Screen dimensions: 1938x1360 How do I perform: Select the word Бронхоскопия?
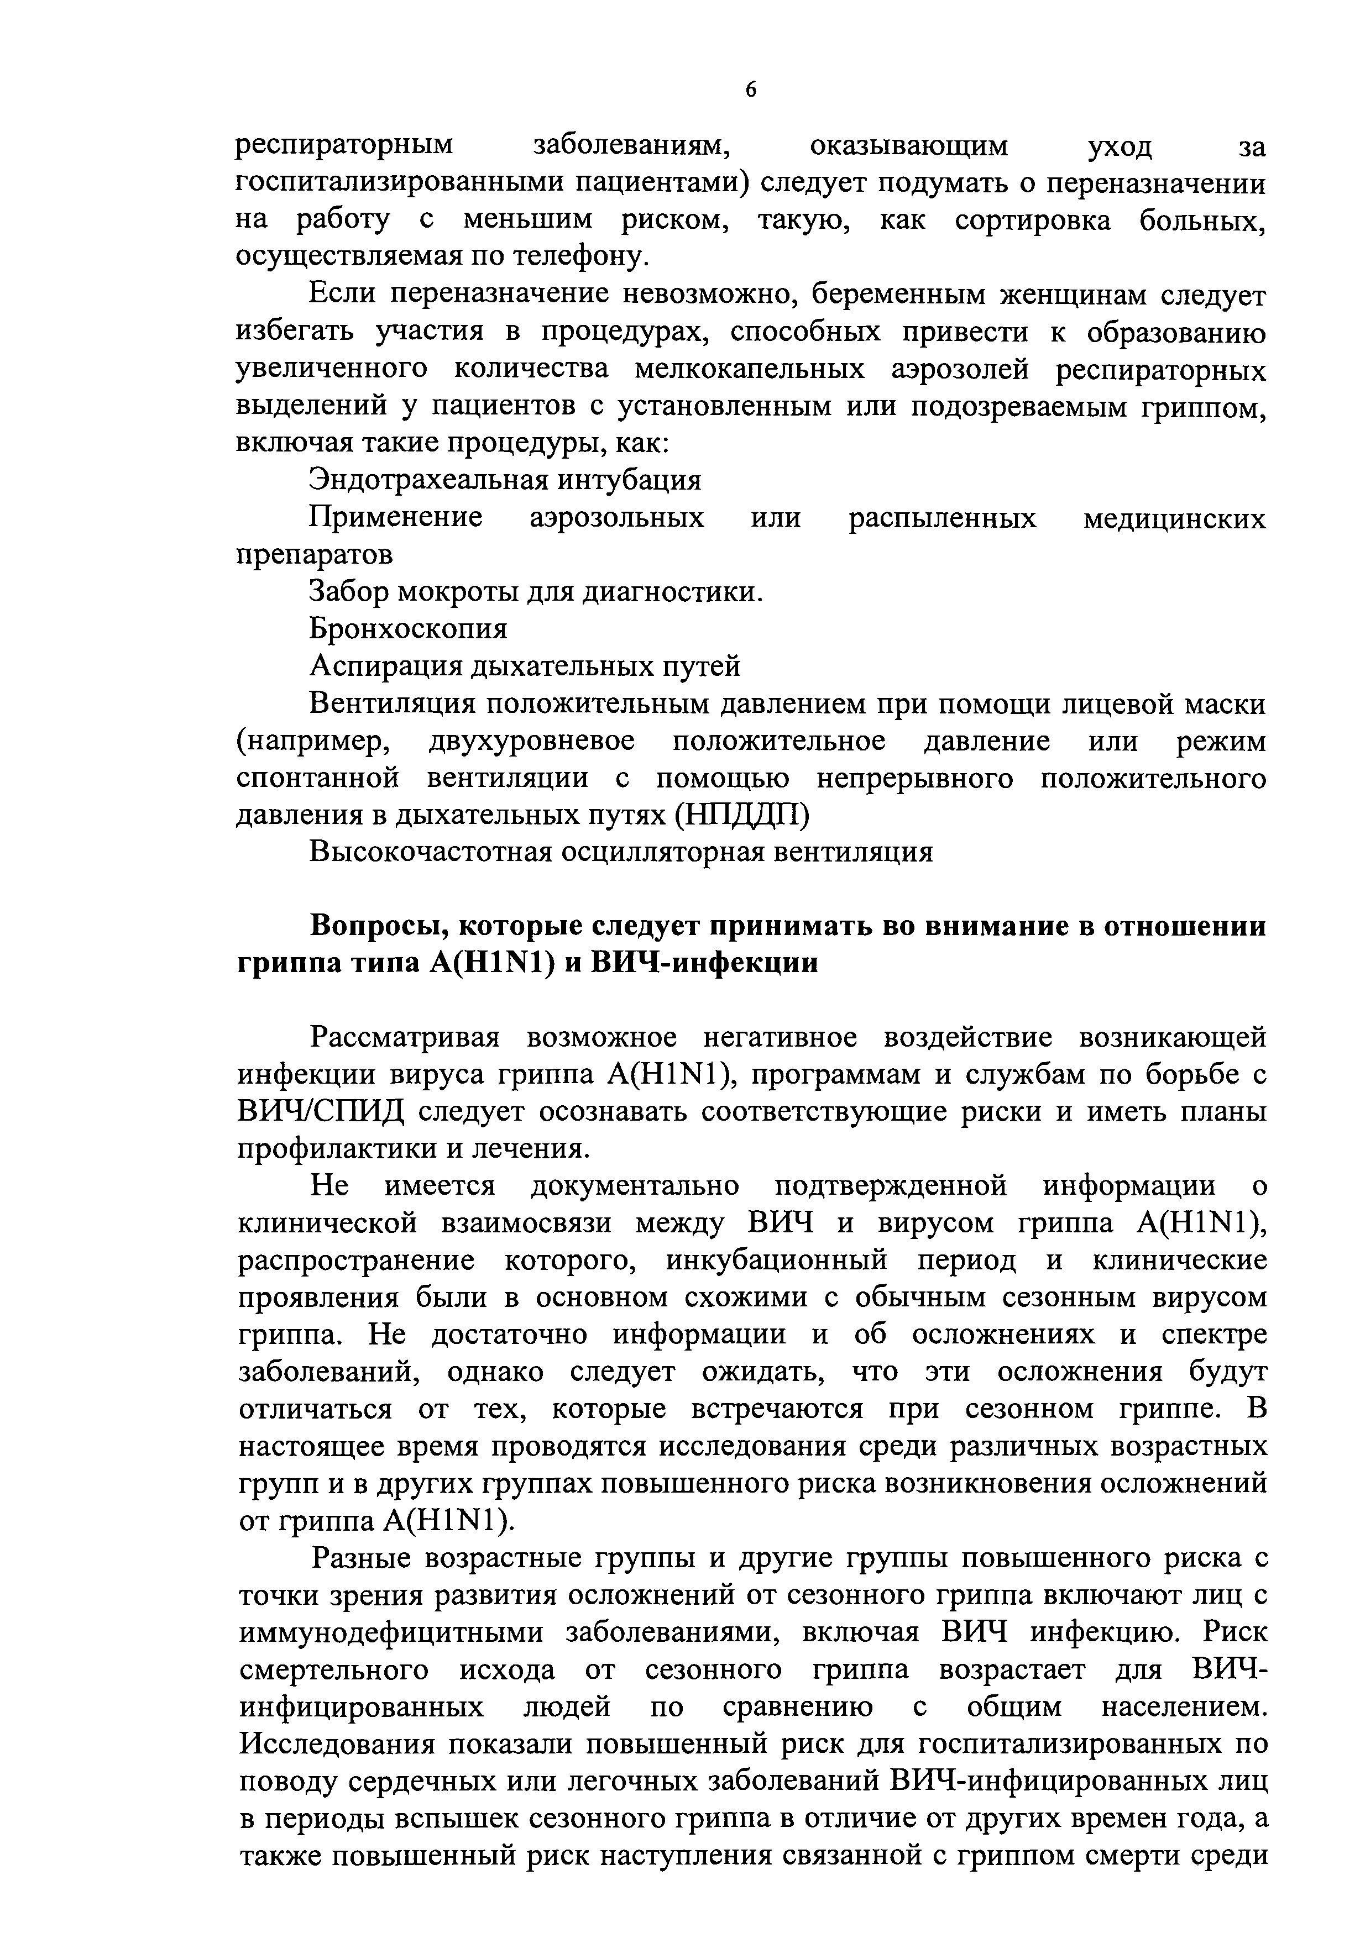pyautogui.click(x=409, y=629)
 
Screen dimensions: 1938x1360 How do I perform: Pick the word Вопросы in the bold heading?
pyautogui.click(x=372, y=926)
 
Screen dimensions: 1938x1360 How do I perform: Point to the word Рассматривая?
pyautogui.click(x=406, y=1037)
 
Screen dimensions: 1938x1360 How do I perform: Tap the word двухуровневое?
pyautogui.click(x=532, y=740)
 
